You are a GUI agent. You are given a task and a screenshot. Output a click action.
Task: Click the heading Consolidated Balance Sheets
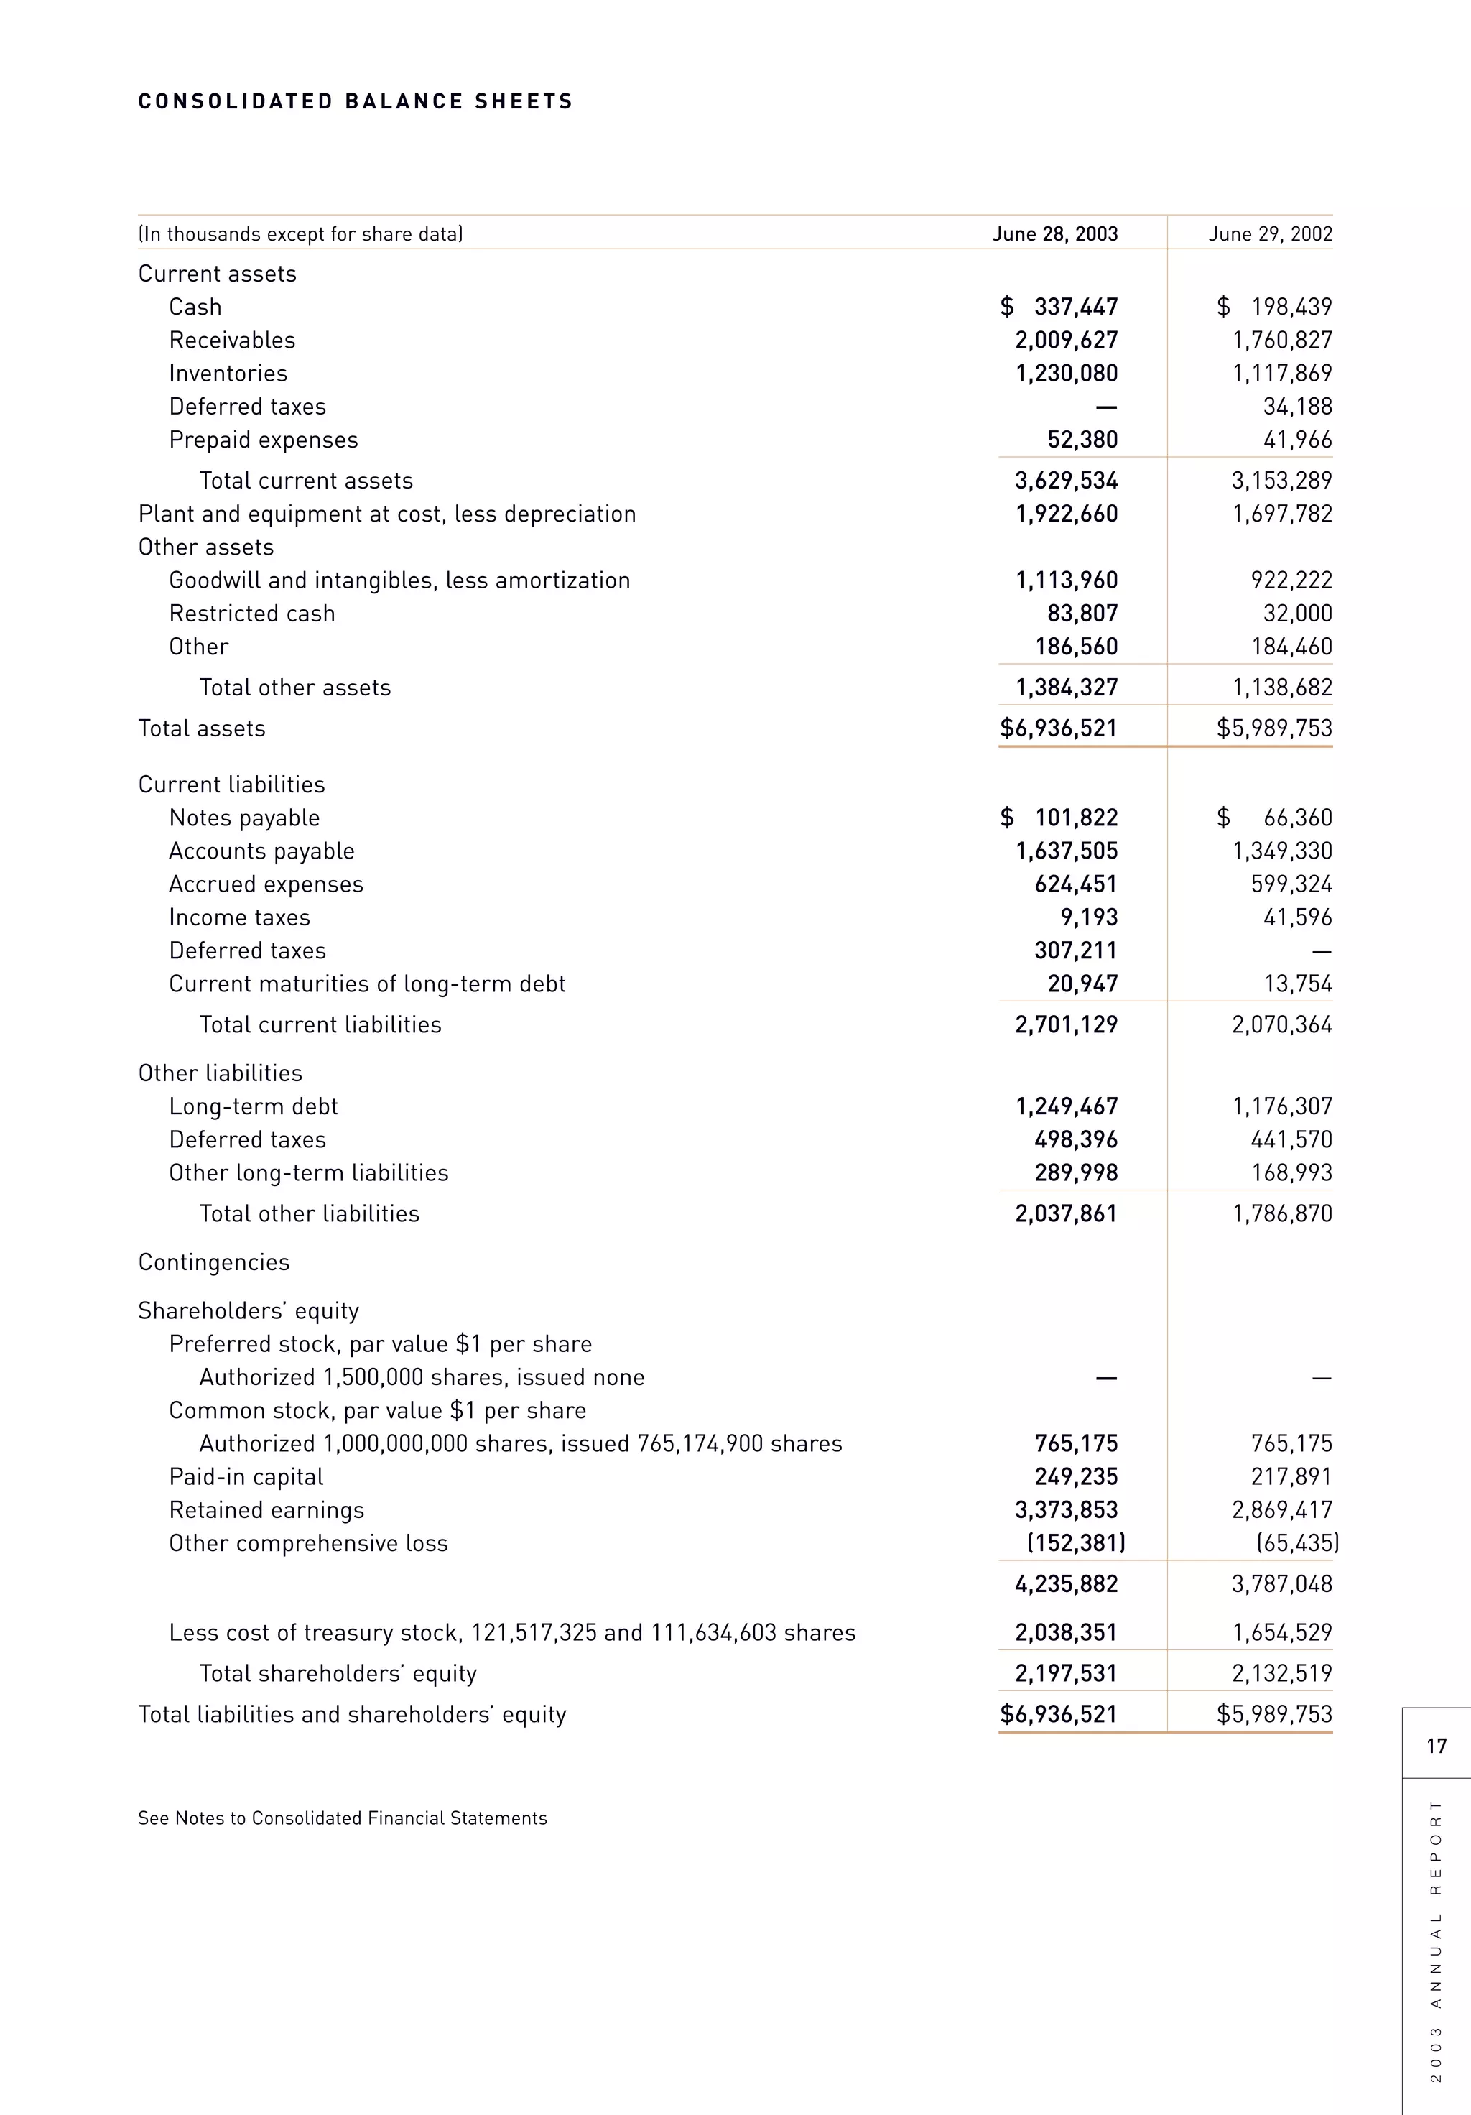tap(356, 101)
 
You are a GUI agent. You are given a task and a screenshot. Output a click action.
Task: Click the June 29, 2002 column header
tap(1270, 234)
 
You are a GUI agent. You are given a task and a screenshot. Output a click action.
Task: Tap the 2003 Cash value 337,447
tap(1075, 307)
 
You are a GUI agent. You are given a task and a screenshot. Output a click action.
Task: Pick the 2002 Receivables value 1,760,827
tap(1282, 340)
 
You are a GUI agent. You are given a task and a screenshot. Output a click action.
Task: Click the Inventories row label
tap(228, 373)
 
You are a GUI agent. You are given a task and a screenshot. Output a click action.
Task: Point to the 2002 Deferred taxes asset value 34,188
tap(1297, 406)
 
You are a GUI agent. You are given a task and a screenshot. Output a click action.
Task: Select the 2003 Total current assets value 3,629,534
tap(1066, 481)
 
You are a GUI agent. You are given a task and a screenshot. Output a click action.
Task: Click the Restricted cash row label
tap(251, 614)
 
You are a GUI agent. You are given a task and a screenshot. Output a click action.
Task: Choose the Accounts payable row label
tap(261, 851)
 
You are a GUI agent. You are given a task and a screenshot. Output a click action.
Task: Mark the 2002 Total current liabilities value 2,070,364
tap(1282, 1024)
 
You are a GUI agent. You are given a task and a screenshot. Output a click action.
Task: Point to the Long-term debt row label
tap(254, 1106)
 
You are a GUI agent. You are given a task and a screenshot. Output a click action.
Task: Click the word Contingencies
tap(214, 1262)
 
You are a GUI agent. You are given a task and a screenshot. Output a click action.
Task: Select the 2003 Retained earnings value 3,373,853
tap(1066, 1510)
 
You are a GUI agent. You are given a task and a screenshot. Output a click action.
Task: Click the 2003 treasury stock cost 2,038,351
tap(1066, 1632)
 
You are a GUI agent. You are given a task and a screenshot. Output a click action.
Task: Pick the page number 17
tap(1436, 1746)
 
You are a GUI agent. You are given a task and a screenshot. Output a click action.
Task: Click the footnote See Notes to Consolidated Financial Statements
tap(342, 1818)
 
